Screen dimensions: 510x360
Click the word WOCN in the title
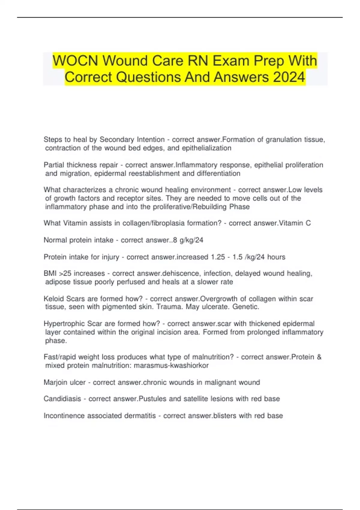click(x=75, y=61)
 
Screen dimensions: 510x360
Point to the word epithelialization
click(x=206, y=148)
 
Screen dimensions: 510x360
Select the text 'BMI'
click(x=50, y=274)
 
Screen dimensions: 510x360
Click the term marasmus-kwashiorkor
click(x=171, y=365)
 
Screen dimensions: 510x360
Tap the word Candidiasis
click(x=62, y=399)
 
